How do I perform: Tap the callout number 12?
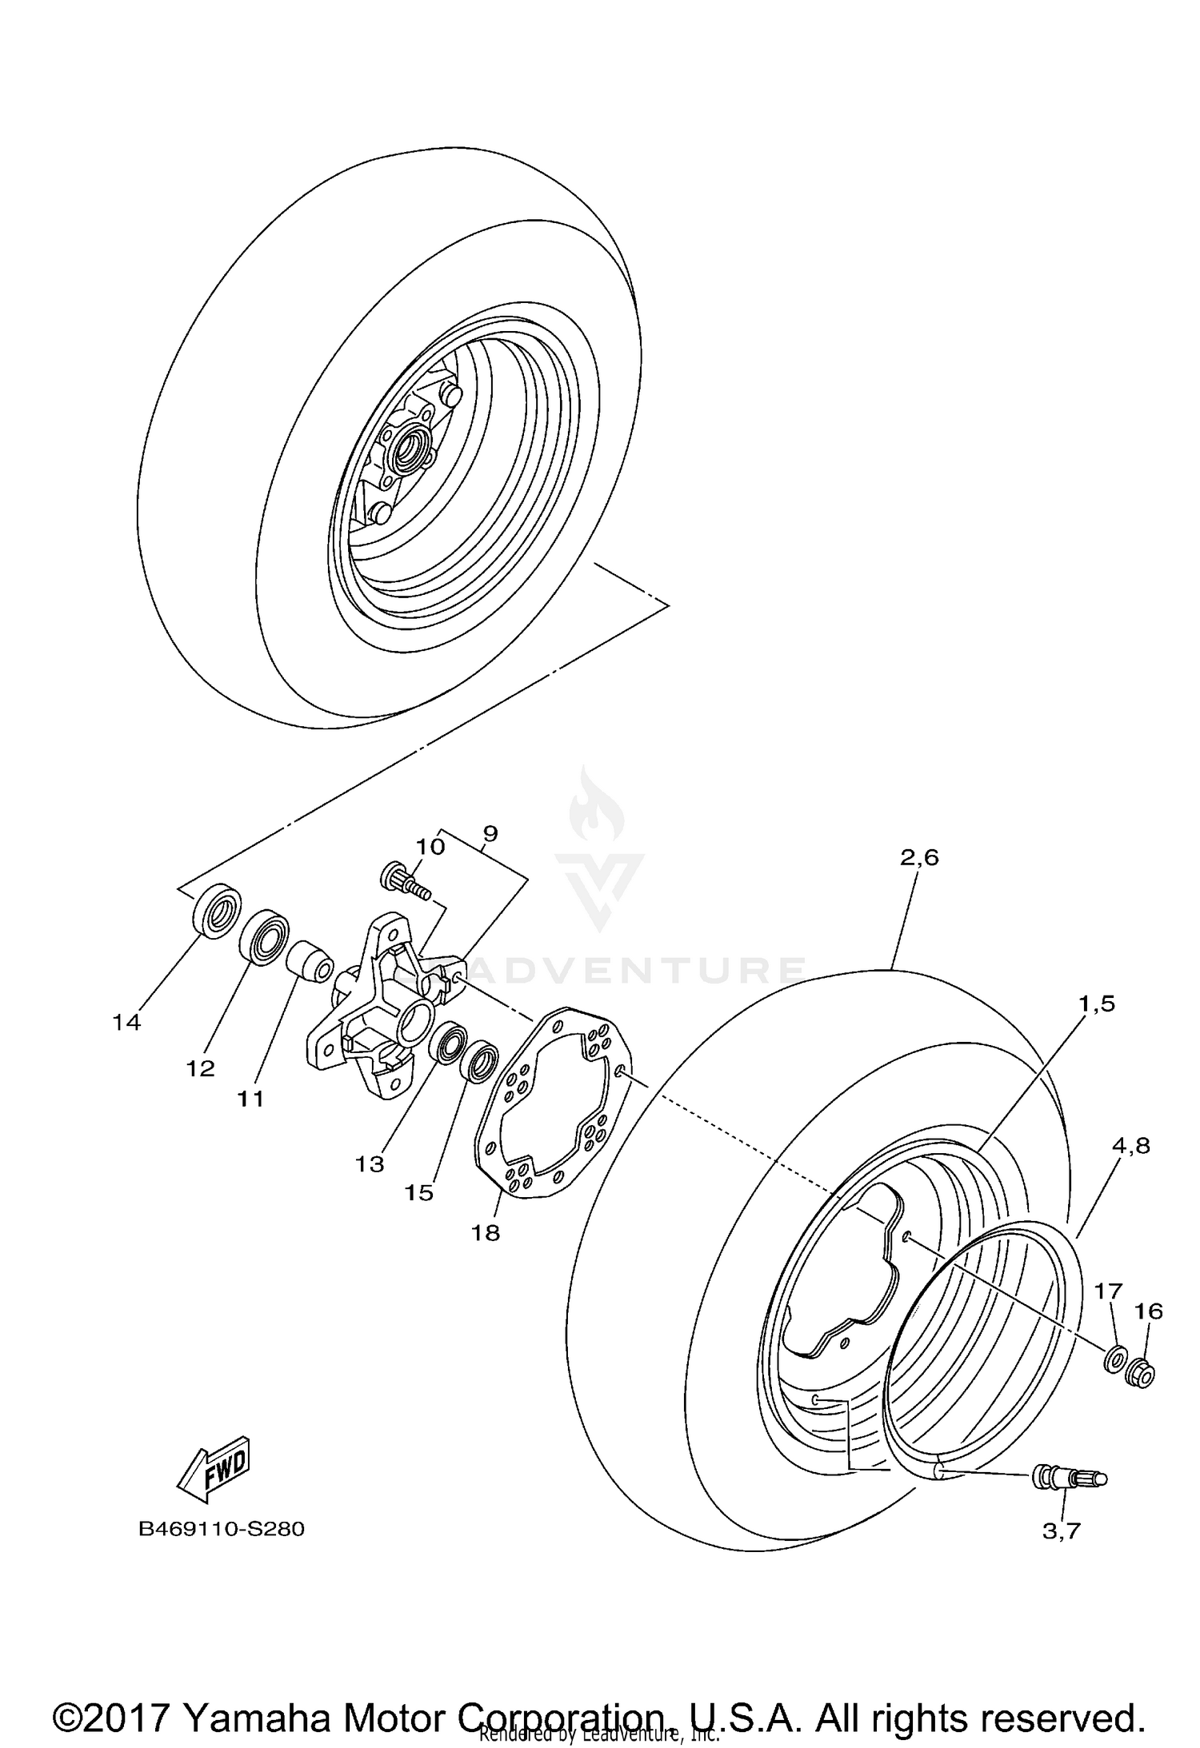pos(201,1068)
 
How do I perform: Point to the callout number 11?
pos(250,1099)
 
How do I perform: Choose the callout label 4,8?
pos(1130,1145)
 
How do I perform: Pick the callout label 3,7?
pos(1062,1530)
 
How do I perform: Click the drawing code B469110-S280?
pos(222,1529)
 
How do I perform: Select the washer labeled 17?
pos(1114,1360)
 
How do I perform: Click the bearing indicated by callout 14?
pos(217,912)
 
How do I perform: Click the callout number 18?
pos(485,1232)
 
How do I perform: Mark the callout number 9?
pos(490,833)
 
